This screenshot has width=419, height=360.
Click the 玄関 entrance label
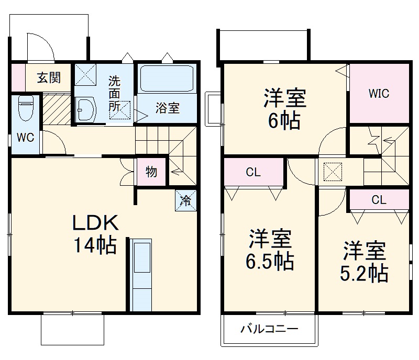[49, 78]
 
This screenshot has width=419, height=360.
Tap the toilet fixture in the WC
[26, 108]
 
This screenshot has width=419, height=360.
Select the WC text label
[25, 138]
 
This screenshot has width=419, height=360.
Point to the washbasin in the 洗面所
[86, 109]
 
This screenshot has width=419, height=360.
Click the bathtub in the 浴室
[167, 79]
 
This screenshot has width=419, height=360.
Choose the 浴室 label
[168, 108]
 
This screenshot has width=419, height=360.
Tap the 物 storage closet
[151, 172]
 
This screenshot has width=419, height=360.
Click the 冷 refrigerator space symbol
[186, 200]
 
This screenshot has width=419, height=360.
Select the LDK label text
[95, 223]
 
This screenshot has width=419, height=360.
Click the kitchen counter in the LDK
[142, 275]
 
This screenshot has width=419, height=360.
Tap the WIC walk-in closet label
[379, 94]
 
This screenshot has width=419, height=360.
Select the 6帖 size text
[284, 121]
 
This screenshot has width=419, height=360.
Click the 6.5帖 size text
[270, 262]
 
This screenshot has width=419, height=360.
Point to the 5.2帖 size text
[364, 273]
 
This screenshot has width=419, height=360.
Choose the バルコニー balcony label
[269, 329]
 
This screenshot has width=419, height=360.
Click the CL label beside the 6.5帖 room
[253, 172]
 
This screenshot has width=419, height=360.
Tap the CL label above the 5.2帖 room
[379, 200]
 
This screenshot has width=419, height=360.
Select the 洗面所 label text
[114, 94]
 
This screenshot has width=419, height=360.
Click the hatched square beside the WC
[57, 108]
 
